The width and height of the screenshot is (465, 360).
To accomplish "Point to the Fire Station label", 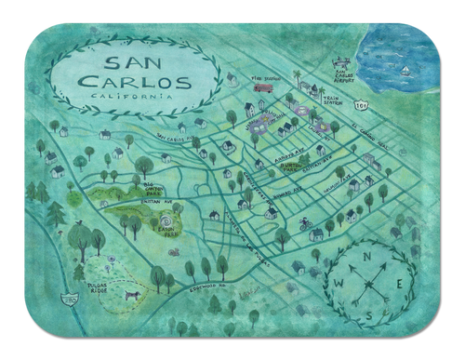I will click(267, 77).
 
